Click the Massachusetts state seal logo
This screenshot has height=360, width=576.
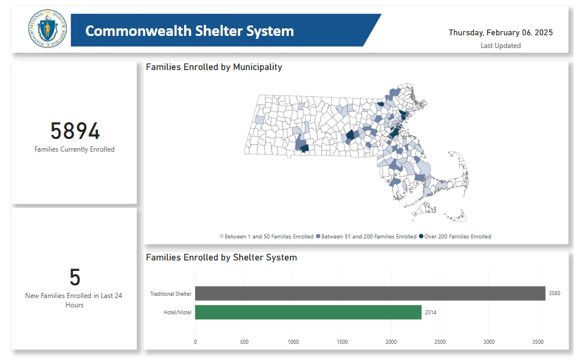(47, 29)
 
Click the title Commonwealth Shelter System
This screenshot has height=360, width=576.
(189, 31)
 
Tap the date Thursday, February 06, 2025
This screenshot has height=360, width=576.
(500, 32)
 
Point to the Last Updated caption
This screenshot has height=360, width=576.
(500, 46)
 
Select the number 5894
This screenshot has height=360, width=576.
(75, 131)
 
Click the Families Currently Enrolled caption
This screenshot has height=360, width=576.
(75, 149)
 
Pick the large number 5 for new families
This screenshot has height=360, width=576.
(75, 278)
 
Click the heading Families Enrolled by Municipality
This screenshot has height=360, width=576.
(214, 67)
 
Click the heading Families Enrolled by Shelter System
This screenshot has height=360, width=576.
(221, 258)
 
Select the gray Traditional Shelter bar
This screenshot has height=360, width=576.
(370, 293)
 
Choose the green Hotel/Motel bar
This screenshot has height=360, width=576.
(308, 313)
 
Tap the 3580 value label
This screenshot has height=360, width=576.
(554, 293)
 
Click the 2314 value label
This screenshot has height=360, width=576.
(431, 313)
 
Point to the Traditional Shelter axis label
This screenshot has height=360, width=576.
(170, 294)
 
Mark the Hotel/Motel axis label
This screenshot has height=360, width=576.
(178, 313)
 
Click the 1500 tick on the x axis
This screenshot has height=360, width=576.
(342, 342)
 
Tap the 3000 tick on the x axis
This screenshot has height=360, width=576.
(489, 342)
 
